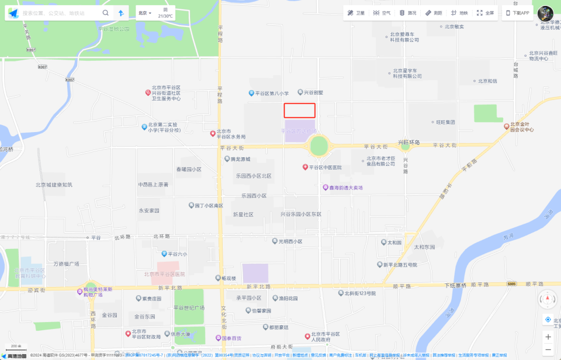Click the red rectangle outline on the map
[x=299, y=110]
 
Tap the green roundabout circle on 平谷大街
[x=319, y=146]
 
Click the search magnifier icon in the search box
[x=105, y=13]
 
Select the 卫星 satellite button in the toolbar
[x=356, y=13]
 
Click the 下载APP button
[x=518, y=13]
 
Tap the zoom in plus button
[x=548, y=337]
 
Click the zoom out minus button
[x=548, y=349]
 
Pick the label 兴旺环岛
[x=409, y=142]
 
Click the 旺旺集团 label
[x=445, y=123]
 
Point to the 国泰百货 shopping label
[x=231, y=338]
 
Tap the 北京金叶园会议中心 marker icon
[x=507, y=126]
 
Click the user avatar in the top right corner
[x=545, y=13]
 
